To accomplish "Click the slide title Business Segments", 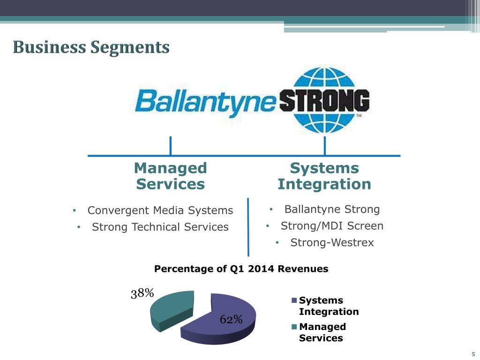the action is point(91,47).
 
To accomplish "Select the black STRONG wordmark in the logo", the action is point(324,101).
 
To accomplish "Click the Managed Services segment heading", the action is point(171,176).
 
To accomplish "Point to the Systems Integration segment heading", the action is point(324,176).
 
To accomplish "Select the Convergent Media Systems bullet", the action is point(160,210).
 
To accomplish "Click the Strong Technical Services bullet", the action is point(160,227).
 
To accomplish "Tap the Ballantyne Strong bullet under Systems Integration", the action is point(332,209).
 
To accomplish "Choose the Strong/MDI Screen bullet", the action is point(332,225).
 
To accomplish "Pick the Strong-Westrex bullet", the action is point(332,242).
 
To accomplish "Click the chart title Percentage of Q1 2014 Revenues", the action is point(241,269).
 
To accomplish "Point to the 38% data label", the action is point(142,293).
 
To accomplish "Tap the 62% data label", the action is point(231,320).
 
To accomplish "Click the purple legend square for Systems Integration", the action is point(294,300).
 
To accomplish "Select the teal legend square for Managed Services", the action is point(294,327).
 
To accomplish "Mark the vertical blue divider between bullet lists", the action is point(248,227).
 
